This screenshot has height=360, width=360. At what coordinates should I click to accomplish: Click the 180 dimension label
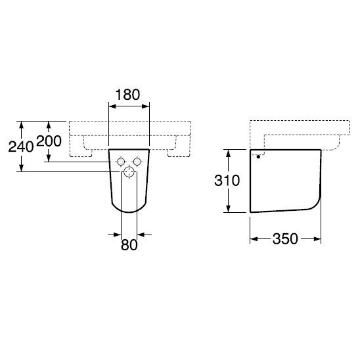(127, 95)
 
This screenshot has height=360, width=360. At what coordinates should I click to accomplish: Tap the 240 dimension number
(21, 146)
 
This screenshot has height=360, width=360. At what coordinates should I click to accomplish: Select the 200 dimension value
(49, 141)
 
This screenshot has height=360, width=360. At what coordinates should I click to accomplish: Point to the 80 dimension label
(129, 245)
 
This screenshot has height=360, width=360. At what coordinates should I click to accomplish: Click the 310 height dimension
(227, 180)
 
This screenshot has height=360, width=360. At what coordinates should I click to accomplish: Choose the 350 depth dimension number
(285, 238)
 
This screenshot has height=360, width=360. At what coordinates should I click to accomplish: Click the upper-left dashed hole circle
(121, 162)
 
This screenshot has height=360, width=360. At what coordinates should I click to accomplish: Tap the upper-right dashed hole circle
(137, 162)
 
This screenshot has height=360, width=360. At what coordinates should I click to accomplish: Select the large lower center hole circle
(129, 171)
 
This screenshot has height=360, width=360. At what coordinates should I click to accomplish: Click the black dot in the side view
(258, 157)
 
